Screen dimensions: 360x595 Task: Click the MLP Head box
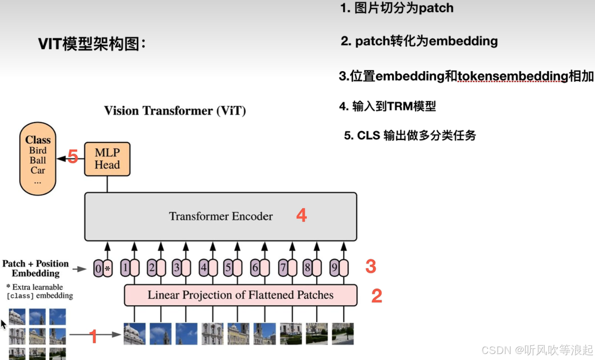click(107, 159)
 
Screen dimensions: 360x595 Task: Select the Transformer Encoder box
click(221, 216)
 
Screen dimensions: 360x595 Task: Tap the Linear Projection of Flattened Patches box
click(240, 295)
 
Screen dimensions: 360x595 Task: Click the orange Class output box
click(38, 159)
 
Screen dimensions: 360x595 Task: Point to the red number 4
click(302, 215)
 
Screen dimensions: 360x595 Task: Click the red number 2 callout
click(377, 296)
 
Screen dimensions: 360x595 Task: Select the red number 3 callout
click(371, 266)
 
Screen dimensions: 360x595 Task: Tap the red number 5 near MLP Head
click(73, 157)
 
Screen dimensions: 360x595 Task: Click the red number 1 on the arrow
click(93, 336)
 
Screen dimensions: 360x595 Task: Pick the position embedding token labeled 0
click(98, 268)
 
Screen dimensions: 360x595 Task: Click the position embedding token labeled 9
click(334, 268)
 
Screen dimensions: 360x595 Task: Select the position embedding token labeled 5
click(228, 268)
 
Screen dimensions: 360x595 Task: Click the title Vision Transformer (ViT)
click(175, 111)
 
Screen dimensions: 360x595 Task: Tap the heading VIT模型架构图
click(92, 44)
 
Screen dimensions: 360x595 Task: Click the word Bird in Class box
click(38, 150)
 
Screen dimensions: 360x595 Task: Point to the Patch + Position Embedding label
click(36, 268)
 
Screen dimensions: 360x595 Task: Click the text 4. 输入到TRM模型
click(387, 107)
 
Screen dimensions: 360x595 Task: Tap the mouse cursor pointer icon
click(3, 324)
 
